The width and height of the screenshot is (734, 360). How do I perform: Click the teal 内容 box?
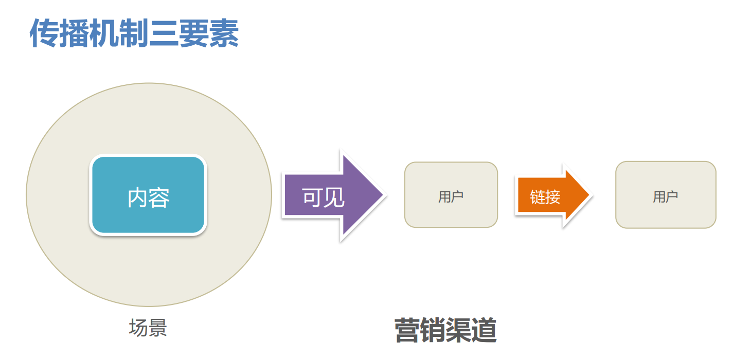(x=148, y=195)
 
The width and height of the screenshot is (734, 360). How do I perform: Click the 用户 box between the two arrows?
(x=451, y=195)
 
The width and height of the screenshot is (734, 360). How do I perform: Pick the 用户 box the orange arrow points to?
(x=666, y=195)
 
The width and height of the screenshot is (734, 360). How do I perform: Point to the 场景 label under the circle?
(x=148, y=328)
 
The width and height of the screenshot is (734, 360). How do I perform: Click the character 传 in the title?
(x=44, y=33)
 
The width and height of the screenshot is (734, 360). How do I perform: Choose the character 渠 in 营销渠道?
(x=458, y=330)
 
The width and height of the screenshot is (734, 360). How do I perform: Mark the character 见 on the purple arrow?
(x=334, y=197)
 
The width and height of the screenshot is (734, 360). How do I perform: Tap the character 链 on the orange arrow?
(x=538, y=197)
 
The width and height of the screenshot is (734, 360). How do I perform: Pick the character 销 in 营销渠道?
(x=433, y=330)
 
